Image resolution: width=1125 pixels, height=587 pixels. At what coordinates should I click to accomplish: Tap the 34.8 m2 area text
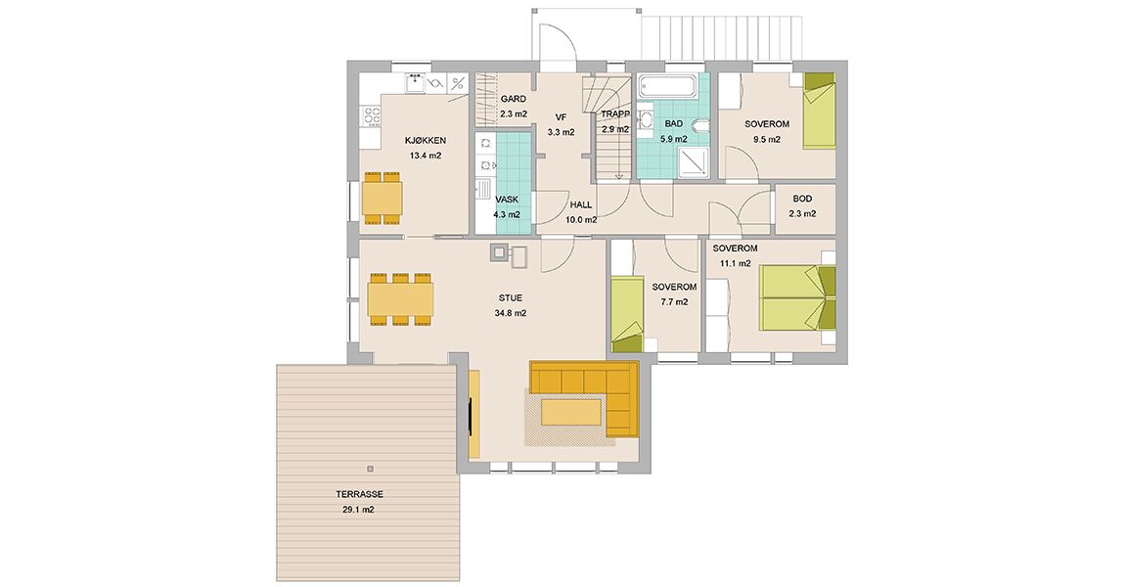[510, 313]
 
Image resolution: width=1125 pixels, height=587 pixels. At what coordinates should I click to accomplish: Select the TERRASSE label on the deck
[359, 494]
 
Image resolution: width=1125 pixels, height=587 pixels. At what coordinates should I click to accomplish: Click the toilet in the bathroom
[700, 128]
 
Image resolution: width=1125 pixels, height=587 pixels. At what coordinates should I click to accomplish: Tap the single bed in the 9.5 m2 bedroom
[819, 111]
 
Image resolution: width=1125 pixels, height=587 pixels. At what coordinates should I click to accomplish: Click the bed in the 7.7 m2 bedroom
[626, 315]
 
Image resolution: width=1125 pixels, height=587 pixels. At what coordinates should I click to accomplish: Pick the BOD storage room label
[802, 199]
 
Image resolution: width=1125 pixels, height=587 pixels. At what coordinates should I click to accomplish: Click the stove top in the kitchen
[371, 115]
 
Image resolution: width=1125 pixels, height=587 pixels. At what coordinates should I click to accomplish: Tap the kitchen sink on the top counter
[414, 83]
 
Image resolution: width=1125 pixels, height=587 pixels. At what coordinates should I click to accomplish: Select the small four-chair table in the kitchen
[381, 198]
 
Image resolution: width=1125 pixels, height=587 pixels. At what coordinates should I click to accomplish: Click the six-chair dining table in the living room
[400, 299]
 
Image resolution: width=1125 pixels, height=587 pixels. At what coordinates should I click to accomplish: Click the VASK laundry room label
[507, 200]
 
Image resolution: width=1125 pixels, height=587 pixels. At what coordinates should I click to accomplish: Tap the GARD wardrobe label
[513, 99]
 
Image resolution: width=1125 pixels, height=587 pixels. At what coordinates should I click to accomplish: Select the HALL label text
[580, 204]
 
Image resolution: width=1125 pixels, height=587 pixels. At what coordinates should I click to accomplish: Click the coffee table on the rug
[571, 414]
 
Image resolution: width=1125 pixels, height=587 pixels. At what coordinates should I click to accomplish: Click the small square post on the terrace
[370, 469]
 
